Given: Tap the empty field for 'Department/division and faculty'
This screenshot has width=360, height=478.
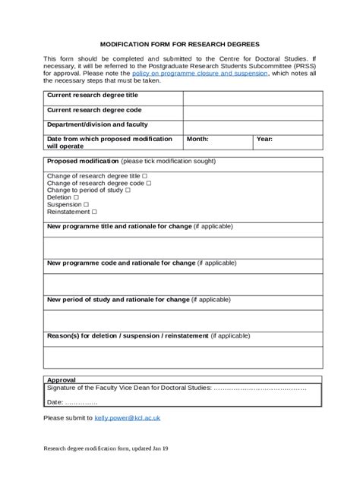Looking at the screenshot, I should (x=252, y=127).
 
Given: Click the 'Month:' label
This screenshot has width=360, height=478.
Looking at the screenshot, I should (x=197, y=140).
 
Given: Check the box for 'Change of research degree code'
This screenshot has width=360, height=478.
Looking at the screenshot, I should (x=148, y=183).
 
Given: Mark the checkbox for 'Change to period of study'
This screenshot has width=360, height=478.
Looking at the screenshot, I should (x=128, y=190).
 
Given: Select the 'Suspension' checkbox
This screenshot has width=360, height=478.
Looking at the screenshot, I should (x=86, y=205).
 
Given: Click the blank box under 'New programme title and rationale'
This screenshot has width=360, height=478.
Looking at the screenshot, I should (x=182, y=247).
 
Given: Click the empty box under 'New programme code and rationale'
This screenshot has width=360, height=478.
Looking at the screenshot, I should (x=182, y=284).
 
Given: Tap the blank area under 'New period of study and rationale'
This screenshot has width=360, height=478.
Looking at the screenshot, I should (x=182, y=320).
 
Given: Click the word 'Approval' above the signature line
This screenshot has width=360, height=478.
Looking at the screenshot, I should (x=62, y=379).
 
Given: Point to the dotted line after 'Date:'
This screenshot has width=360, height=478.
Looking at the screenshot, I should (x=81, y=402).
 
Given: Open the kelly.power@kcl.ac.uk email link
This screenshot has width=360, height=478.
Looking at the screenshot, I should (x=127, y=418).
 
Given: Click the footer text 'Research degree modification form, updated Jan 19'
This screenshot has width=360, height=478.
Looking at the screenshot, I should (x=106, y=449).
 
